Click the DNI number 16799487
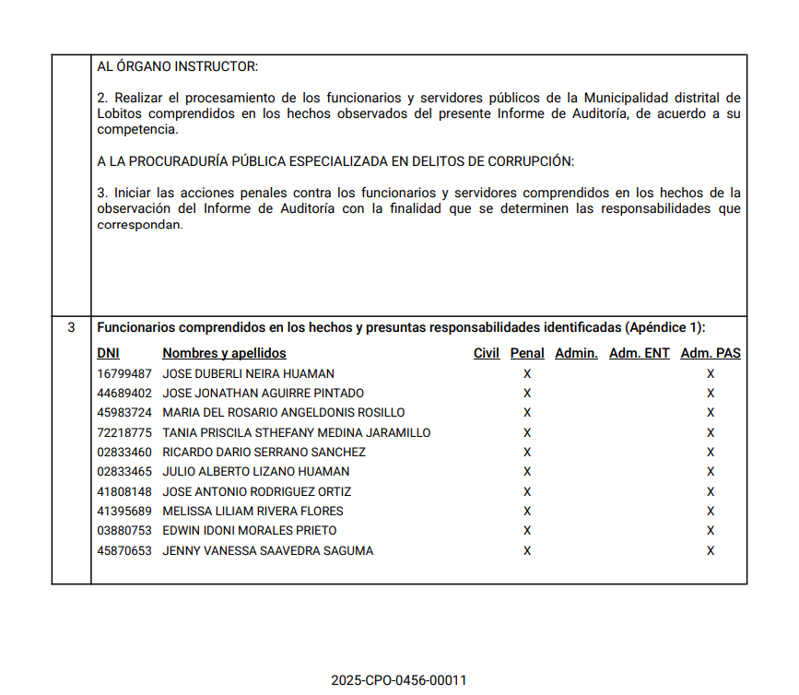pyautogui.click(x=124, y=374)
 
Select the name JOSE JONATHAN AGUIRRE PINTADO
pyautogui.click(x=263, y=394)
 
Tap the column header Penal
pyautogui.click(x=527, y=353)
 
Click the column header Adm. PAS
pyautogui.click(x=711, y=353)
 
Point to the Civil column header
pyautogui.click(x=487, y=353)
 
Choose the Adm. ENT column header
pyautogui.click(x=640, y=353)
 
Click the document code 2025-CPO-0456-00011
pyautogui.click(x=399, y=680)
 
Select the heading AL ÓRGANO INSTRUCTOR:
pyautogui.click(x=178, y=66)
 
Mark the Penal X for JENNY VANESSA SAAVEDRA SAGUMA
pyautogui.click(x=527, y=551)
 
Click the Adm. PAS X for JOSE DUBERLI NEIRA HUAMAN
pyautogui.click(x=711, y=374)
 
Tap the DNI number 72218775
pyautogui.click(x=124, y=433)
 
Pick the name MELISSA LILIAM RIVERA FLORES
pyautogui.click(x=253, y=512)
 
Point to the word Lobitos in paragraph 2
pyautogui.click(x=119, y=113)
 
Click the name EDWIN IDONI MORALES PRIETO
pyautogui.click(x=250, y=531)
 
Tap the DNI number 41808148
pyautogui.click(x=124, y=492)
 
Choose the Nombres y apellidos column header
pyautogui.click(x=224, y=353)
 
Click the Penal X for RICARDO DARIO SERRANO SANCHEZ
pyautogui.click(x=527, y=453)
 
